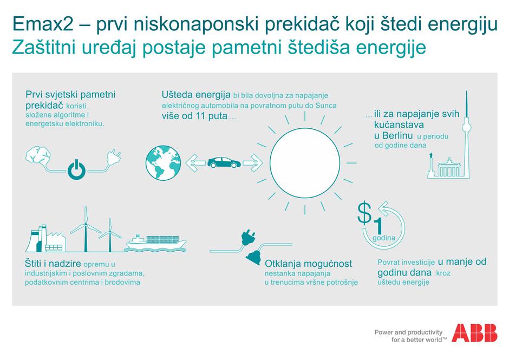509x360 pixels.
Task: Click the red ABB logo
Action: tap(474, 333)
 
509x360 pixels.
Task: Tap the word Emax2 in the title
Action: tap(43, 24)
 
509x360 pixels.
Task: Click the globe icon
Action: tap(164, 163)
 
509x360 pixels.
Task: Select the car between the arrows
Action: tap(224, 162)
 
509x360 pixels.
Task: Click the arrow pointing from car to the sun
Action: tap(253, 163)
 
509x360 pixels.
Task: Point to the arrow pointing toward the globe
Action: tap(195, 163)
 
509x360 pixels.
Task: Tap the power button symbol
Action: tap(76, 169)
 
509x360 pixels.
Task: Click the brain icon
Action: tap(38, 155)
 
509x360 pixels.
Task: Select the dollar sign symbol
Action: tap(364, 213)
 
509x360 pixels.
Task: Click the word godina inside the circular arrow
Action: tap(384, 238)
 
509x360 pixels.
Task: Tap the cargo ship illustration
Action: tap(156, 243)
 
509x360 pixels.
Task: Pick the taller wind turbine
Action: tap(86, 229)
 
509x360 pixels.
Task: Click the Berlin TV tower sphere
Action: tap(466, 125)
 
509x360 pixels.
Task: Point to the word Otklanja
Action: tap(282, 264)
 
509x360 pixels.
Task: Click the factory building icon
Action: tap(46, 239)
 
